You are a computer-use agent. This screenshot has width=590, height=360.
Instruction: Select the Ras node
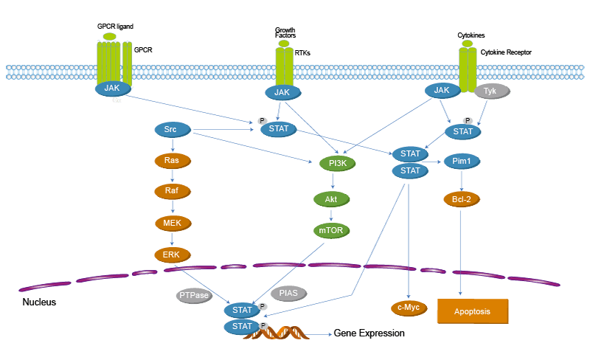[172, 160]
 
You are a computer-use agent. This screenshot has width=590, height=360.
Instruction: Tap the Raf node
[172, 191]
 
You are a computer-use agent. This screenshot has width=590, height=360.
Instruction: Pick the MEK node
[172, 223]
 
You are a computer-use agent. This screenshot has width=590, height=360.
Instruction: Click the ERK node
[172, 255]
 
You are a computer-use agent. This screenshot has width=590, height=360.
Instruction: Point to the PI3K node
[338, 164]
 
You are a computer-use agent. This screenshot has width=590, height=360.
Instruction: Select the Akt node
[332, 199]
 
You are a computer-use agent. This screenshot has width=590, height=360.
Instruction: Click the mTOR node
[332, 231]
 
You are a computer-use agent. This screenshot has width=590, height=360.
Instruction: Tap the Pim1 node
[462, 162]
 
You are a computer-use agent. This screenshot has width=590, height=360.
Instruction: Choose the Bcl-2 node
[462, 198]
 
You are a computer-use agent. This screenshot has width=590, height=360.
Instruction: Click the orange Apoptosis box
[473, 311]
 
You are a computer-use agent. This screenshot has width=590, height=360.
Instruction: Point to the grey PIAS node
[289, 294]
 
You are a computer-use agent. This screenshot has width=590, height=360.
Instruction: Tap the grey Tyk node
[490, 91]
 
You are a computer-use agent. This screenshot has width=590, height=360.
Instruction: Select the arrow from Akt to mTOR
[332, 215]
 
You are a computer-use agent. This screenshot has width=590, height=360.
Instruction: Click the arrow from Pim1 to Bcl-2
[462, 180]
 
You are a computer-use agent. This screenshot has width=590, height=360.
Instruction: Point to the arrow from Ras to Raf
[172, 176]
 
